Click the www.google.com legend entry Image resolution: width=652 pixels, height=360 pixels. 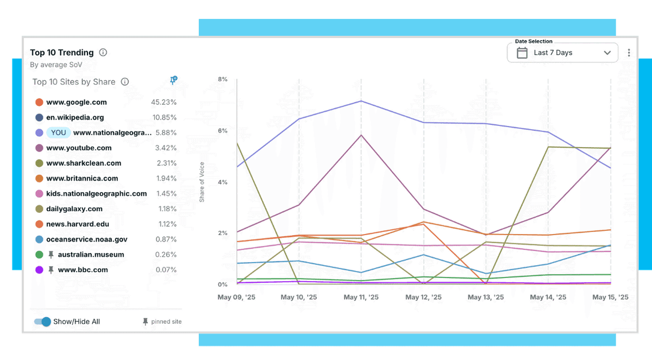[x=76, y=102]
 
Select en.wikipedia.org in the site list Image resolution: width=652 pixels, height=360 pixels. [x=75, y=117]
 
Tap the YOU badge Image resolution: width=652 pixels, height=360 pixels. [x=58, y=132]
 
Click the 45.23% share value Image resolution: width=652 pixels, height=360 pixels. [x=164, y=102]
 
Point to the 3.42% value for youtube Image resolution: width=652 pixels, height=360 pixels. [x=165, y=148]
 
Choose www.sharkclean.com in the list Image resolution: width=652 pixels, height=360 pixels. [x=84, y=163]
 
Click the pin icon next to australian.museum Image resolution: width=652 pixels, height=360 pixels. [x=51, y=255]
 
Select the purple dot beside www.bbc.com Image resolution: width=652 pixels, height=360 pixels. [x=39, y=270]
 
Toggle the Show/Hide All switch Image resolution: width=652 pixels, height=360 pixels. [x=43, y=321]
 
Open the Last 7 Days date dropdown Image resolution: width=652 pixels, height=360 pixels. [x=562, y=53]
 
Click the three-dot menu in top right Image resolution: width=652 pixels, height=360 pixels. [x=629, y=53]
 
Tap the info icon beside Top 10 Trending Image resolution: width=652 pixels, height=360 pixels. [x=103, y=53]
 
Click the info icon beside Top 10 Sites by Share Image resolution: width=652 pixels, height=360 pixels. [x=124, y=82]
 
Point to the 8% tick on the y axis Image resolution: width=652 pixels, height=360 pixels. [x=222, y=79]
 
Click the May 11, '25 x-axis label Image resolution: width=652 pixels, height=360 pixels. [x=361, y=297]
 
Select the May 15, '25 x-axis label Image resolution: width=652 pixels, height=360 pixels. [x=610, y=297]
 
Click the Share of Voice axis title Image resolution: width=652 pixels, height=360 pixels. [x=202, y=182]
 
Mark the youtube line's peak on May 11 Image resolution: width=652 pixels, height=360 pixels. [x=361, y=135]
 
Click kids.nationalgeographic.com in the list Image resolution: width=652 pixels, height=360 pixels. [x=96, y=193]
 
